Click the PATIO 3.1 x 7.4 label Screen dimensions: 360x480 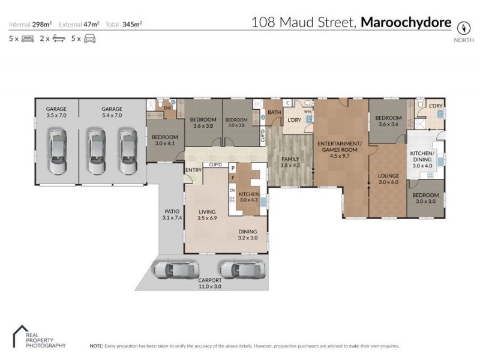click(172, 214)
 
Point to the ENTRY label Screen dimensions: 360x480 click(193, 170)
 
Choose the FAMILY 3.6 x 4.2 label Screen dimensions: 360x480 click(290, 162)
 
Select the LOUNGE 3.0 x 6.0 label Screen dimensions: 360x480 click(388, 178)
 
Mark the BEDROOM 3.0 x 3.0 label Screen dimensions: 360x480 click(426, 198)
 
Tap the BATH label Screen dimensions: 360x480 click(274, 112)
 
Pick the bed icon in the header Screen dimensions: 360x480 click(28, 38)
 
